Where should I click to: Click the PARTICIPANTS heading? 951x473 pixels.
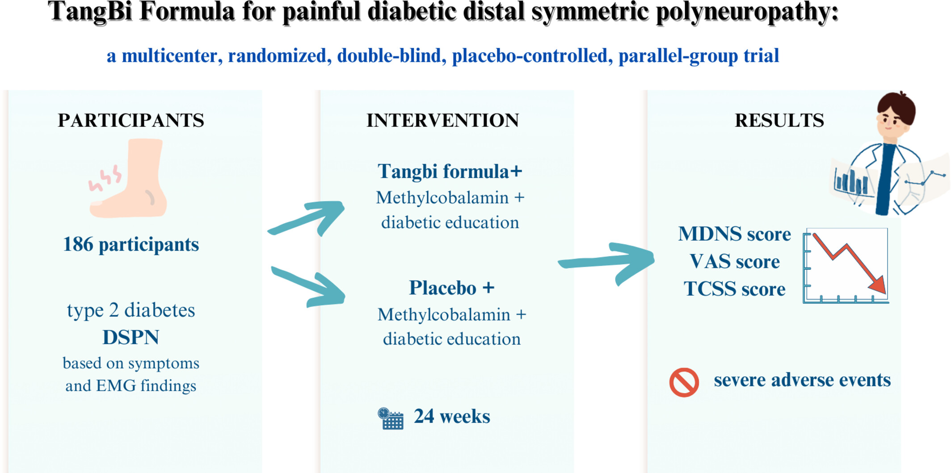pos(131,121)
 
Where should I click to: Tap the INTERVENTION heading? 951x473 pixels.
pos(443,121)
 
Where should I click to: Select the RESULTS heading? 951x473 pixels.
pos(779,121)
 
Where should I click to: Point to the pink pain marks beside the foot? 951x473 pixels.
pos(105,178)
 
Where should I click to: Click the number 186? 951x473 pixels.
pos(78,244)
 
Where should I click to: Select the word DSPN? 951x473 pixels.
pos(130,337)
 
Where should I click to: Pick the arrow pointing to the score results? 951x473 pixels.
pos(607,263)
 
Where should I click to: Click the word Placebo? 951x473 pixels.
pos(442,288)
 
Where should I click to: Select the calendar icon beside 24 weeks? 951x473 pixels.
pos(391,419)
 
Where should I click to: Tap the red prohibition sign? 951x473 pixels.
pos(684,382)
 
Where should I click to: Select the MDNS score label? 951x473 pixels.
pos(734,234)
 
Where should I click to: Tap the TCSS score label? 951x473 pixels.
pos(734,289)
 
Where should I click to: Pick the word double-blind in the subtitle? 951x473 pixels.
pos(389,56)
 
